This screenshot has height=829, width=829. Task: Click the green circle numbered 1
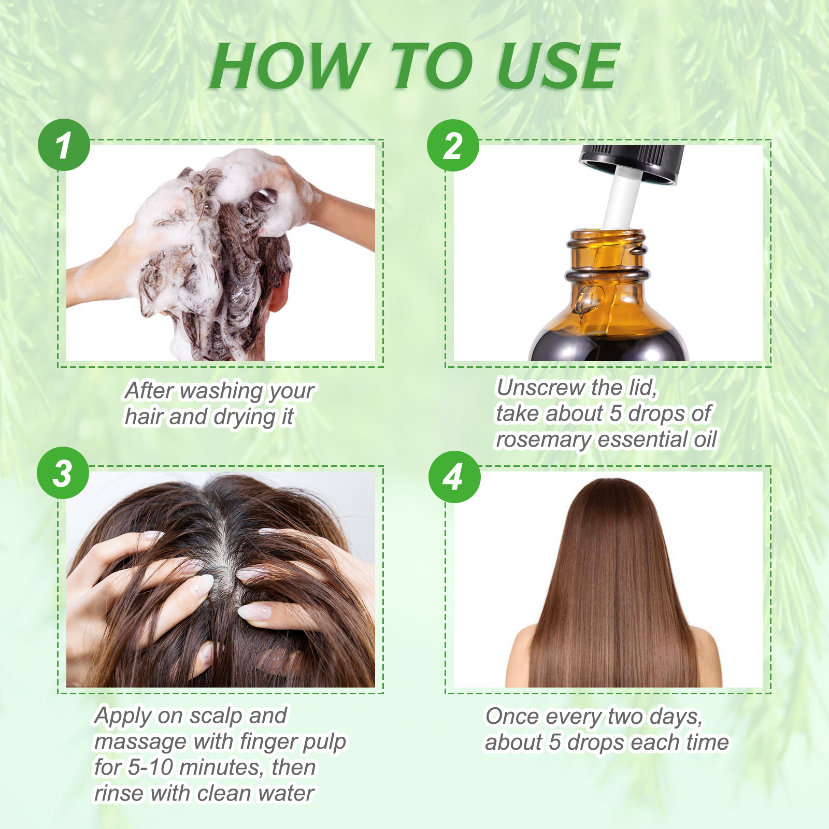pos(64,145)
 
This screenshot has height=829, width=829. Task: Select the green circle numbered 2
pos(453,146)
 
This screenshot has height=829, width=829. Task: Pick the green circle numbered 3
pos(63,473)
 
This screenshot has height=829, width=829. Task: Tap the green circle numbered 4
pos(454,477)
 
